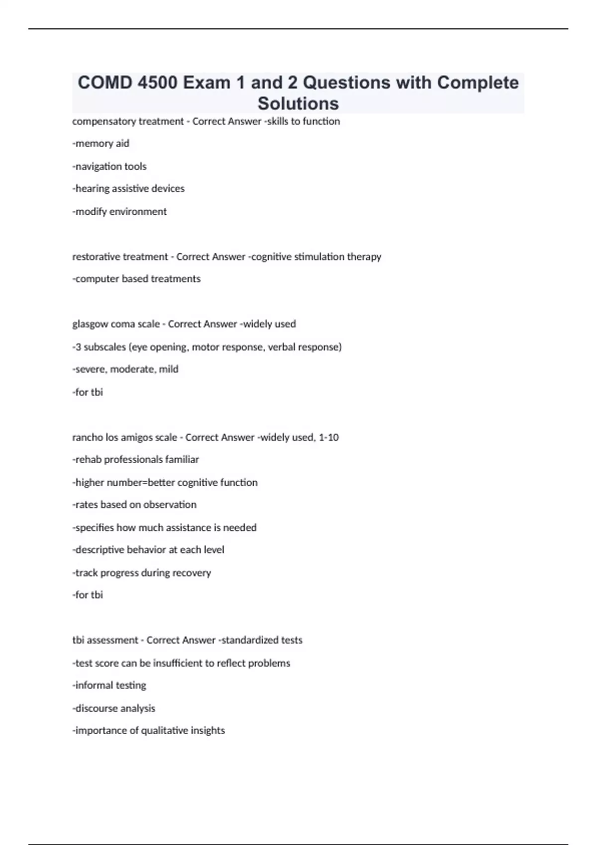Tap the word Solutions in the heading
(x=298, y=103)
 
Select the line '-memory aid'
(x=101, y=144)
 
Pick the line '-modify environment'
(x=119, y=212)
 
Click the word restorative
(x=96, y=257)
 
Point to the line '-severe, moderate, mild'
(x=125, y=369)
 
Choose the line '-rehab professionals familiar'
(x=136, y=460)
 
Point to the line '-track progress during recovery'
(x=142, y=573)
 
